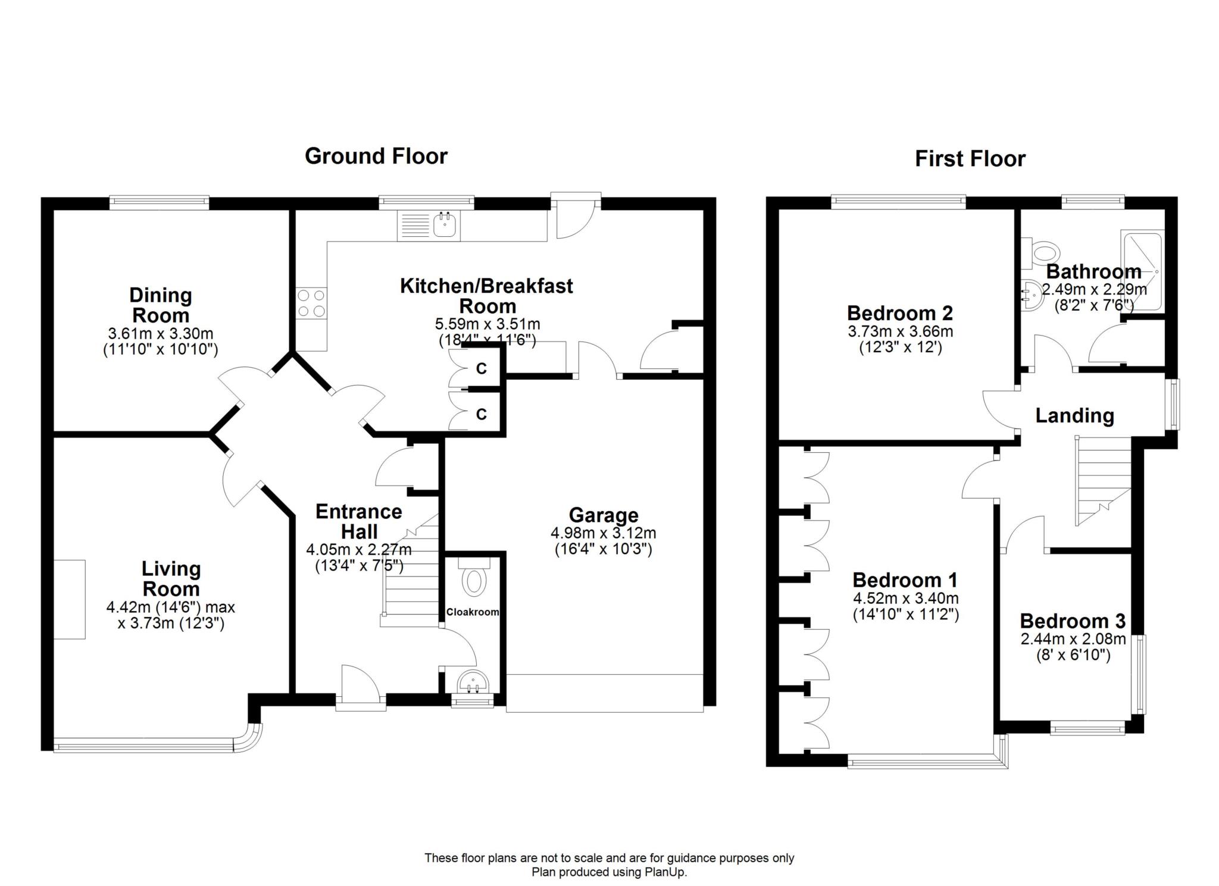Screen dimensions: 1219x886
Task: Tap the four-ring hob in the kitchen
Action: coord(311,303)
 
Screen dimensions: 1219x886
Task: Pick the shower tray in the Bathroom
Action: coord(1142,271)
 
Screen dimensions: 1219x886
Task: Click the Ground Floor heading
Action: coord(376,156)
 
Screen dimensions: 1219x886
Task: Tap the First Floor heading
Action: coord(970,159)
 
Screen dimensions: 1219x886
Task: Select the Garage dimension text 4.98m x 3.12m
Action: coord(604,533)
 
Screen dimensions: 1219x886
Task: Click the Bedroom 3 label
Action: coord(1073,621)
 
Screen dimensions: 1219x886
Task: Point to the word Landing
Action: coord(1074,415)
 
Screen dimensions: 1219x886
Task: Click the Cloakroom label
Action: coord(473,612)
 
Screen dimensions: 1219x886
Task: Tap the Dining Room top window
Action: coord(159,203)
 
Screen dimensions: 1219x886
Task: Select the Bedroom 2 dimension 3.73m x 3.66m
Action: coord(900,331)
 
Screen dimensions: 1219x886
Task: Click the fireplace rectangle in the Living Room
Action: coord(70,599)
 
